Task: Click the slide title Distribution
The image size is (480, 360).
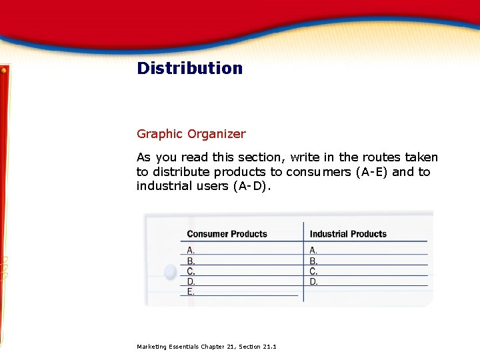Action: tap(189, 68)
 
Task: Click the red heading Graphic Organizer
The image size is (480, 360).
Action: tap(191, 134)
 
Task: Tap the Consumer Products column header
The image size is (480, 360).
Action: tap(227, 234)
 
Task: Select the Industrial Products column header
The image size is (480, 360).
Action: tap(348, 234)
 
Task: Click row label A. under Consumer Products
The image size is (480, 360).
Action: tap(191, 250)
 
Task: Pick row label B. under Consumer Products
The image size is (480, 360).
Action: tap(191, 261)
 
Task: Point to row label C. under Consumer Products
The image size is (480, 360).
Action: tap(191, 271)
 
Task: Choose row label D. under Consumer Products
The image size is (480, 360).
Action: tap(191, 281)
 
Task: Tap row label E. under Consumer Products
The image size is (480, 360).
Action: tap(191, 291)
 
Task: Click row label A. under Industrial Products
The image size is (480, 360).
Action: tap(313, 250)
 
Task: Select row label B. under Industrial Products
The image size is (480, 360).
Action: tap(313, 261)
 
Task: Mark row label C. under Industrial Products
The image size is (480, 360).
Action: tap(313, 271)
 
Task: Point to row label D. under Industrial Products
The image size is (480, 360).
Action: tap(313, 281)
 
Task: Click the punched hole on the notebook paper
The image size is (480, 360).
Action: tap(170, 271)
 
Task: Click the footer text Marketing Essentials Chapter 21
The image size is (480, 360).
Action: tap(206, 347)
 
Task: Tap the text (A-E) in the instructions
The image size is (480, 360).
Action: tap(371, 172)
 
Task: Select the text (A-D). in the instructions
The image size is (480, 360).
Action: tap(252, 186)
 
